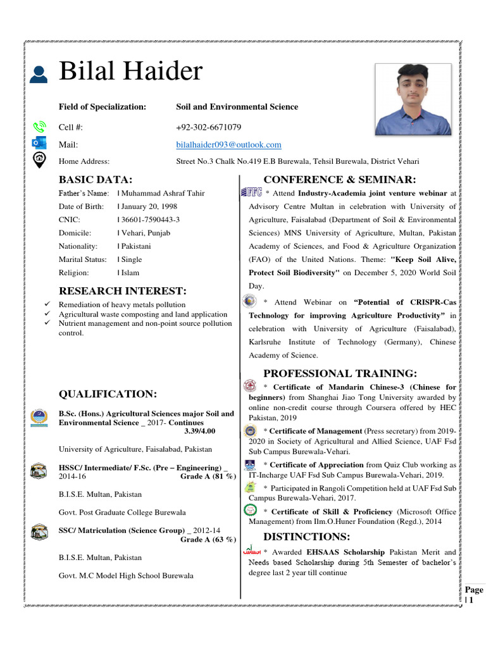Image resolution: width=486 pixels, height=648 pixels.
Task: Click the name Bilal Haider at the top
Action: [130, 72]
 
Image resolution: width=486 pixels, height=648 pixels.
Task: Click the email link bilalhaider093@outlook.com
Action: [228, 145]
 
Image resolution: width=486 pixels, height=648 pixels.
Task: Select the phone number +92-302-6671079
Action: [208, 127]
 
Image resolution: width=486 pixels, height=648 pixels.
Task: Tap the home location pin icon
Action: [39, 159]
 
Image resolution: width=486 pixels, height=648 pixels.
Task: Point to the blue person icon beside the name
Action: [38, 74]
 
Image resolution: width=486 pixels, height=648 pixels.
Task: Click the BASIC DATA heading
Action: [96, 180]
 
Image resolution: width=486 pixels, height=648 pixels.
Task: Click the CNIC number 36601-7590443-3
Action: [151, 220]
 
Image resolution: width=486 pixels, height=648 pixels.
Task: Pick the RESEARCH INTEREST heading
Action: [123, 291]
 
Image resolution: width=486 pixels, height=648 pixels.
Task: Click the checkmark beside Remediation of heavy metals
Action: [47, 305]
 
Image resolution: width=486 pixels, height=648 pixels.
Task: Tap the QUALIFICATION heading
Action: [108, 394]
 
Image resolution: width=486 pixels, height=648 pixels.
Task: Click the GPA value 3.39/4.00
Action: [200, 431]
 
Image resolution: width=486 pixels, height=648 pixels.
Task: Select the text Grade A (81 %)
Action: [208, 476]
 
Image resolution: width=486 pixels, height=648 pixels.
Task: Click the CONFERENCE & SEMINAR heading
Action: [340, 180]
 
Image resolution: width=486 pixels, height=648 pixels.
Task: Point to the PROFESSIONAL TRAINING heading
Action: [340, 373]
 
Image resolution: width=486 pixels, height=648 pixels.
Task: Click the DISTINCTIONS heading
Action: [306, 537]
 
